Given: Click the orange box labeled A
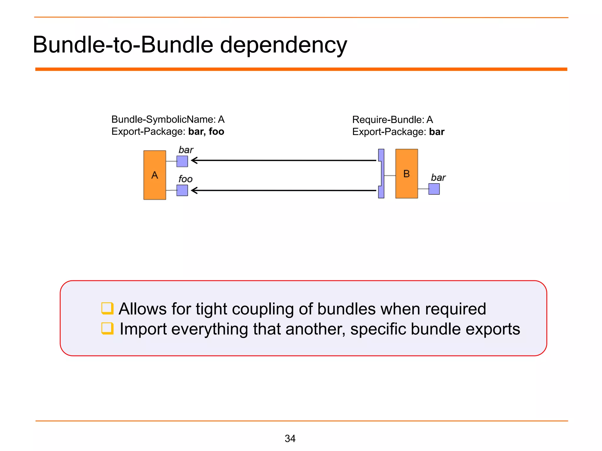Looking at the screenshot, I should (x=155, y=175).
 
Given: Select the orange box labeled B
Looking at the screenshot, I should (x=407, y=174).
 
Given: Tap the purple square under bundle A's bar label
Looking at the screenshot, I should (x=182, y=161).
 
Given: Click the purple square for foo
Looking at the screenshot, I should (x=182, y=190).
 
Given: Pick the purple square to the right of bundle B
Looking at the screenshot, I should (x=434, y=189).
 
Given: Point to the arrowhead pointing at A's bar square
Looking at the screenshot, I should (x=194, y=160).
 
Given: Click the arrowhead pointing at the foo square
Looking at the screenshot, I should (x=194, y=191).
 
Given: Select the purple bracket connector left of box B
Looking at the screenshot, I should (x=381, y=174).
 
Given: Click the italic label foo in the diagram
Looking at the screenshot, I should (x=185, y=179).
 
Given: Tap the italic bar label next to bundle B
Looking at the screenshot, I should (x=438, y=178).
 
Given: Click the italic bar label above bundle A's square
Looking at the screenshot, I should (x=186, y=150).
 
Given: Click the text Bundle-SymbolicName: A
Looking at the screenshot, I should (x=168, y=120).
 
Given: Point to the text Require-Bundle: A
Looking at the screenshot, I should (x=392, y=120).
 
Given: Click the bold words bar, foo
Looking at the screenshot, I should (x=206, y=132).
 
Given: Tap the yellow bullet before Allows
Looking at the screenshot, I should (x=107, y=308).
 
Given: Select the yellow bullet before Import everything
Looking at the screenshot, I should (x=107, y=328).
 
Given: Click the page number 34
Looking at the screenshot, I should (x=290, y=438).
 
